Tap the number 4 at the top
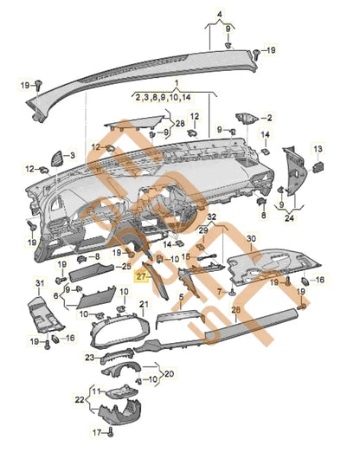(218, 14)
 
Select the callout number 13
(318, 149)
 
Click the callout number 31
(38, 283)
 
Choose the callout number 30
(251, 237)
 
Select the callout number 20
(169, 374)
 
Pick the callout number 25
(126, 266)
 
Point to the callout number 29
(202, 230)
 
